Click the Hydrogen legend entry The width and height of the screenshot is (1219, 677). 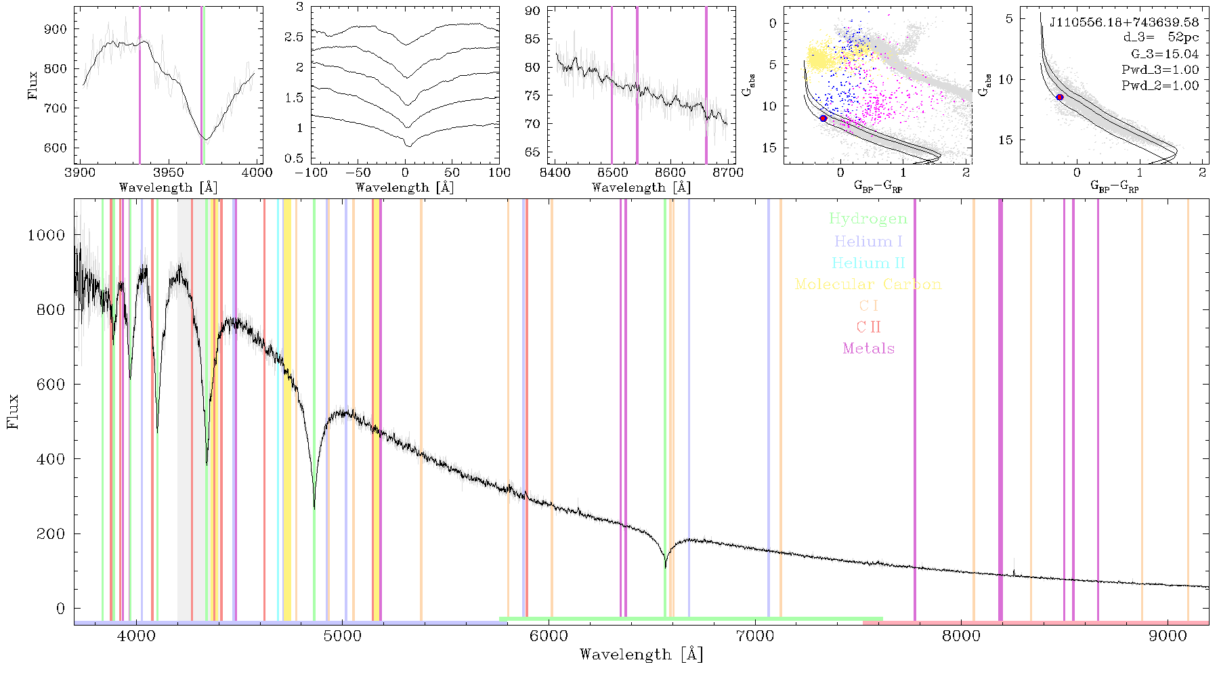pos(868,219)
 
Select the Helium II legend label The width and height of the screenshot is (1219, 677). pos(868,263)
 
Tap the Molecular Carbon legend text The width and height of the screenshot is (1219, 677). pos(868,284)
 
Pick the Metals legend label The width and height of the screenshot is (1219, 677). pos(868,349)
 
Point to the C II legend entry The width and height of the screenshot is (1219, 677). pos(868,327)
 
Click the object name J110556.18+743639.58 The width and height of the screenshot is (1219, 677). pos(1124,22)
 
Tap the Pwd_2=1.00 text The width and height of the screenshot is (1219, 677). pos(1160,85)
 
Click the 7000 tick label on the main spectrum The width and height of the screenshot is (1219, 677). pos(755,636)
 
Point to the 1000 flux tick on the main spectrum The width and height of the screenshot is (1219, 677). pos(47,235)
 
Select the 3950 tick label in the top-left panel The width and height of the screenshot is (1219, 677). pos(169,173)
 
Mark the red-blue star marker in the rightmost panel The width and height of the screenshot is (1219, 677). pos(1060,97)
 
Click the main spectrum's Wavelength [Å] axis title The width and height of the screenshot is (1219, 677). pos(641,655)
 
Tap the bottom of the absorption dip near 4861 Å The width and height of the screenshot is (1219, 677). pos(314,508)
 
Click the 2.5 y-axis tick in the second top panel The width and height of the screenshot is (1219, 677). pos(294,37)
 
